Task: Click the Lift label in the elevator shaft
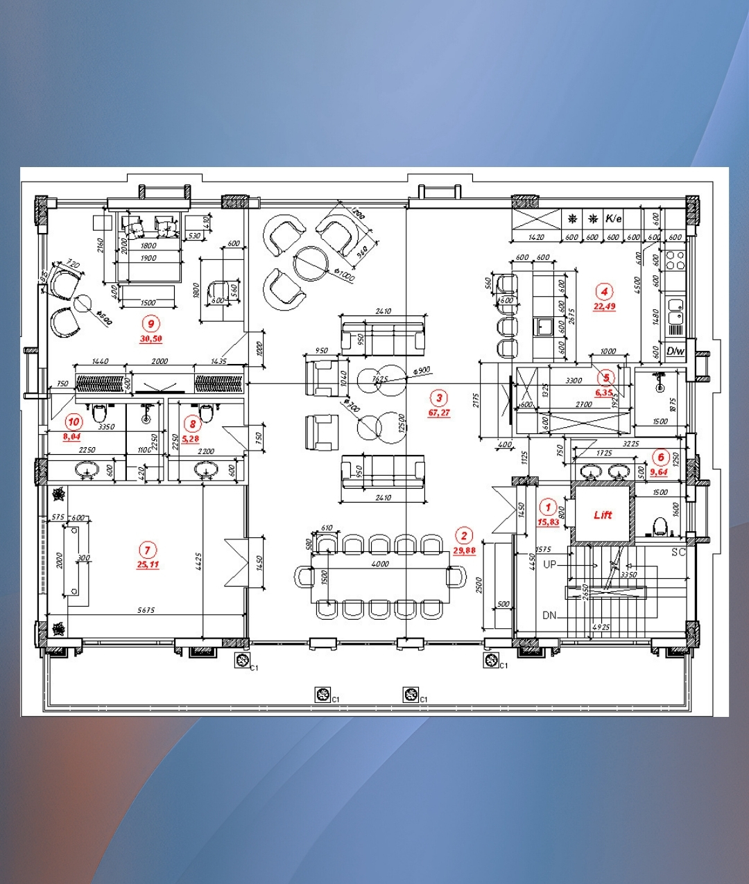tap(603, 515)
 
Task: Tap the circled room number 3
tap(438, 398)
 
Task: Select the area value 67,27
tap(439, 413)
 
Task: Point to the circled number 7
tap(147, 551)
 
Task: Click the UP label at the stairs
tap(549, 564)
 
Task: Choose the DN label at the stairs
tap(549, 615)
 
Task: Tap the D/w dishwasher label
tap(675, 352)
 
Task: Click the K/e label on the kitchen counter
tap(614, 218)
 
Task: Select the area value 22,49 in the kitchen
tap(604, 306)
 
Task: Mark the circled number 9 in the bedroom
tap(150, 323)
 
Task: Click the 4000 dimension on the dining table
tap(380, 564)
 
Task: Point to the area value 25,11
tap(148, 565)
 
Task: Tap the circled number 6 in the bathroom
tap(661, 458)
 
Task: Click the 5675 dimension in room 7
tap(146, 610)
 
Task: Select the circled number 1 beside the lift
tap(548, 507)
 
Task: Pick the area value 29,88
tap(464, 551)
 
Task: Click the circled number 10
tap(74, 422)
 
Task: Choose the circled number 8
tap(192, 424)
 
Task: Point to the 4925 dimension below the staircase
tap(601, 627)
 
